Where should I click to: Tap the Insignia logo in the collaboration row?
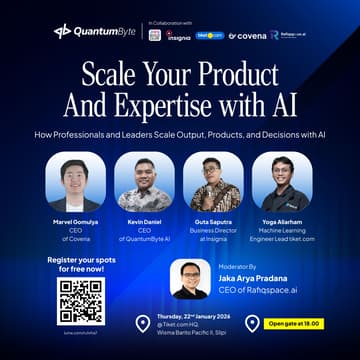click(180, 35)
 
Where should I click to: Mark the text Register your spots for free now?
click(81, 264)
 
